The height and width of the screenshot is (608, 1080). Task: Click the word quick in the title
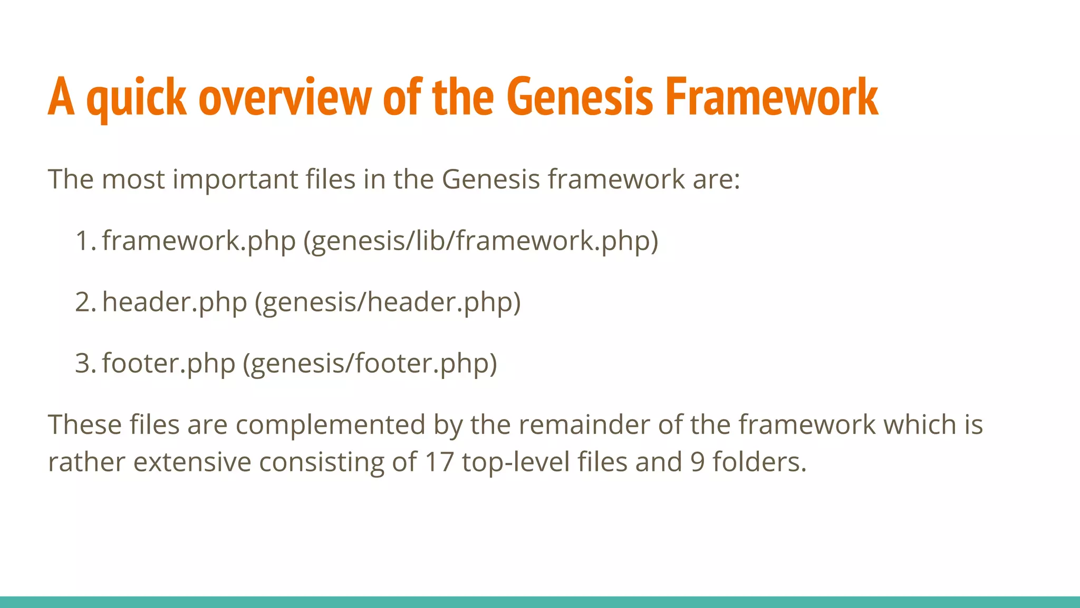tap(137, 98)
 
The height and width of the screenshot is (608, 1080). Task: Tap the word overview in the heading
tap(285, 98)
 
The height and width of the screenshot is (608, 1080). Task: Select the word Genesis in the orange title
tap(580, 98)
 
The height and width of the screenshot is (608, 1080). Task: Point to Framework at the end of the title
tap(772, 98)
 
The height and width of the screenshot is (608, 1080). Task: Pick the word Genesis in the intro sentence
tap(490, 179)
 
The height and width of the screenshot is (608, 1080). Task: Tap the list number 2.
tap(84, 302)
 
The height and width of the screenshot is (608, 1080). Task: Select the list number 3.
tap(84, 363)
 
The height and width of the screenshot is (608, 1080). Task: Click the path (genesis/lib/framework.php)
tap(480, 241)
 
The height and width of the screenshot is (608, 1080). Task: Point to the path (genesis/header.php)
tap(388, 302)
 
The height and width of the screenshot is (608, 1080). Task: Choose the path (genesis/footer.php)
tap(370, 363)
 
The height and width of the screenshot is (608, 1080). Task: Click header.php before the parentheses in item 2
tap(175, 302)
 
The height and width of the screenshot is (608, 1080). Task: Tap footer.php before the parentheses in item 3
tap(169, 363)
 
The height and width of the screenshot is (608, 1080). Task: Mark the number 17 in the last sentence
tap(439, 462)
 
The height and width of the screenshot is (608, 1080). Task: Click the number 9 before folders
tap(698, 462)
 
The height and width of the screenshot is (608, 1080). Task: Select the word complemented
tap(330, 425)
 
